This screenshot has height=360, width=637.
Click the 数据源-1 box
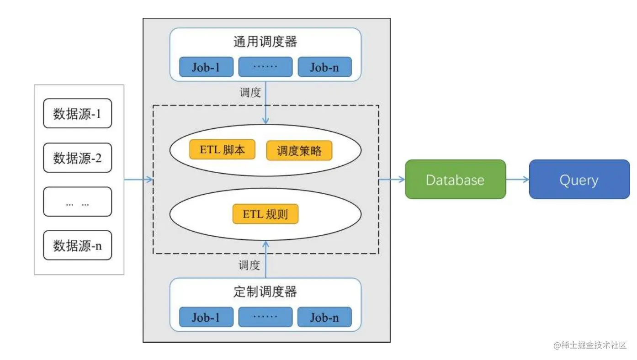[77, 113]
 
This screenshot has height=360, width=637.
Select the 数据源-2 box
[77, 158]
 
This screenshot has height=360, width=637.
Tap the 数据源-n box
[77, 245]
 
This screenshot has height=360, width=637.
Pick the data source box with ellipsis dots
[77, 201]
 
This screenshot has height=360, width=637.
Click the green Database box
[455, 179]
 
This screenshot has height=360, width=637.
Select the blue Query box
[579, 179]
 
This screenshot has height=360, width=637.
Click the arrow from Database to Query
[517, 180]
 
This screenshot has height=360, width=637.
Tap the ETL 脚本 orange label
[222, 150]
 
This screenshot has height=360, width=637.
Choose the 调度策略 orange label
[299, 151]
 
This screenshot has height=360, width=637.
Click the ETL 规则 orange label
[265, 214]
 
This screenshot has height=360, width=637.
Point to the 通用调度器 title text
[265, 42]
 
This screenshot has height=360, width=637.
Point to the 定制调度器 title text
[265, 291]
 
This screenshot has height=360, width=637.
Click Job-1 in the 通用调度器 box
[206, 67]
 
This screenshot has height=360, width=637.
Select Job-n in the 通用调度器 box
[324, 67]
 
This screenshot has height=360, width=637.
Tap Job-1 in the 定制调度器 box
[206, 317]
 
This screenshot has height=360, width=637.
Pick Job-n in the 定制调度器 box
[324, 317]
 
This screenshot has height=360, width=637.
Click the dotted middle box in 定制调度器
[265, 317]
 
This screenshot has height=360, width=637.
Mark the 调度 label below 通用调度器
[250, 93]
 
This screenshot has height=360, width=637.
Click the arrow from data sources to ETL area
[138, 180]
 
